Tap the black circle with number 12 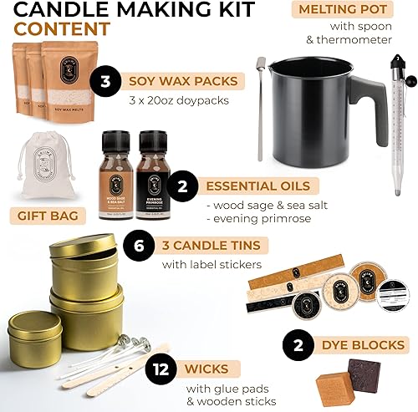[x=159, y=368]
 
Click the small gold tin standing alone [x=35, y=337]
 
